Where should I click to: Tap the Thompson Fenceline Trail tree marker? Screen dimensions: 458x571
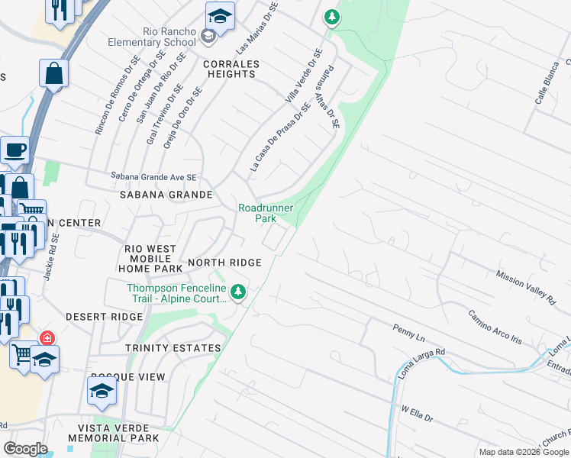tap(239, 291)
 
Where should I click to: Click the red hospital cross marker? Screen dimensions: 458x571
tap(47, 337)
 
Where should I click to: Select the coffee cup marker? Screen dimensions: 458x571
tap(15, 150)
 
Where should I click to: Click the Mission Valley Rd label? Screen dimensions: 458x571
tap(525, 285)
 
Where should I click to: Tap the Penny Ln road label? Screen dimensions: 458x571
tap(408, 334)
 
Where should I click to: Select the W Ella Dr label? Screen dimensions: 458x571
tap(417, 414)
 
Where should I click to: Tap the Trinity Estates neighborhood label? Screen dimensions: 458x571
tap(175, 348)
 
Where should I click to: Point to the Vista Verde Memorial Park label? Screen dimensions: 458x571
tap(113, 433)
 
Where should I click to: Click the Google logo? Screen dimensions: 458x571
tap(25, 448)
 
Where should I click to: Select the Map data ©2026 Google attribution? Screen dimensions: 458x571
tap(523, 452)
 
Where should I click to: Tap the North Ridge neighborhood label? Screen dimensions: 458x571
tap(224, 263)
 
